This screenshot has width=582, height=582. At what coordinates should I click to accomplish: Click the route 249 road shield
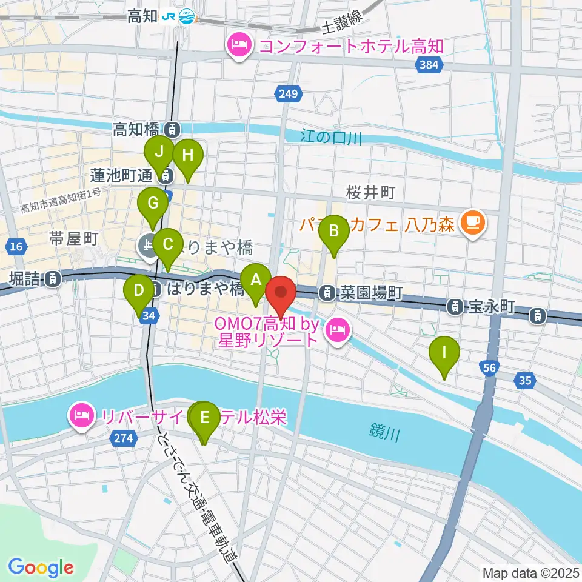pos(289,93)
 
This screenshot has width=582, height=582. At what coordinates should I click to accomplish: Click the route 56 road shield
pos(490,367)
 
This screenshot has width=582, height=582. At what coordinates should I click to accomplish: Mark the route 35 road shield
pos(525,381)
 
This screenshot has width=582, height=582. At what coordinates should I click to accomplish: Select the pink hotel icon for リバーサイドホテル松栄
pos(81,416)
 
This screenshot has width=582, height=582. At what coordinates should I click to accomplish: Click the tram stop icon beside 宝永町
pos(454,307)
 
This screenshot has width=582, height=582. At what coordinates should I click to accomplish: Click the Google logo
pos(41,567)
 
